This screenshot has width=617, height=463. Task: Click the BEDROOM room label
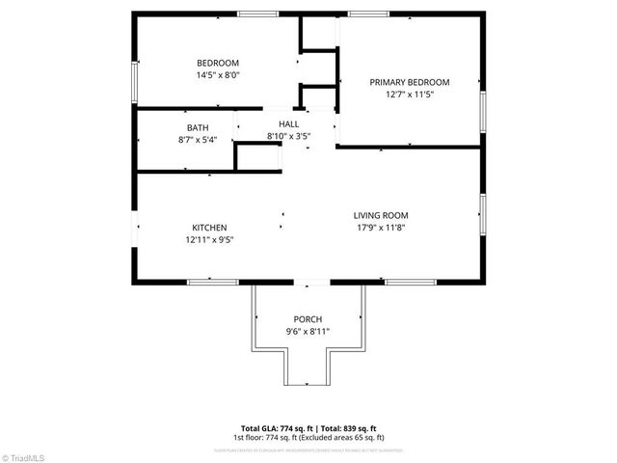(x=217, y=63)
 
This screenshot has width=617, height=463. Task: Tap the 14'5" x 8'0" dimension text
(x=217, y=75)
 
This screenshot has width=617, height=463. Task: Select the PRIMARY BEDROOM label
(x=410, y=82)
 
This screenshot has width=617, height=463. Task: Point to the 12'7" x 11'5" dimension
(x=410, y=95)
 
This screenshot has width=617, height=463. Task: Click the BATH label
(x=198, y=127)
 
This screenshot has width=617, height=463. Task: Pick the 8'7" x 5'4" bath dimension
(x=198, y=140)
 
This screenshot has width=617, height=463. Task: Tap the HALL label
(x=288, y=124)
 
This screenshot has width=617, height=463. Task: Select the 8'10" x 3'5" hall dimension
(x=288, y=137)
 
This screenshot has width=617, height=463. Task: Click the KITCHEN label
(x=209, y=228)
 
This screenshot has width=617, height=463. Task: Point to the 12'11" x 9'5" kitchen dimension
(x=209, y=240)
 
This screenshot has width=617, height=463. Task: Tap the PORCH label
(x=308, y=319)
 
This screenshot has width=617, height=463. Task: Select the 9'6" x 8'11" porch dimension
(x=308, y=332)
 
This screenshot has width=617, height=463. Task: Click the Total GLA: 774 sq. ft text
(x=274, y=427)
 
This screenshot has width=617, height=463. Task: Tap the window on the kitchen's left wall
(x=135, y=227)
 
